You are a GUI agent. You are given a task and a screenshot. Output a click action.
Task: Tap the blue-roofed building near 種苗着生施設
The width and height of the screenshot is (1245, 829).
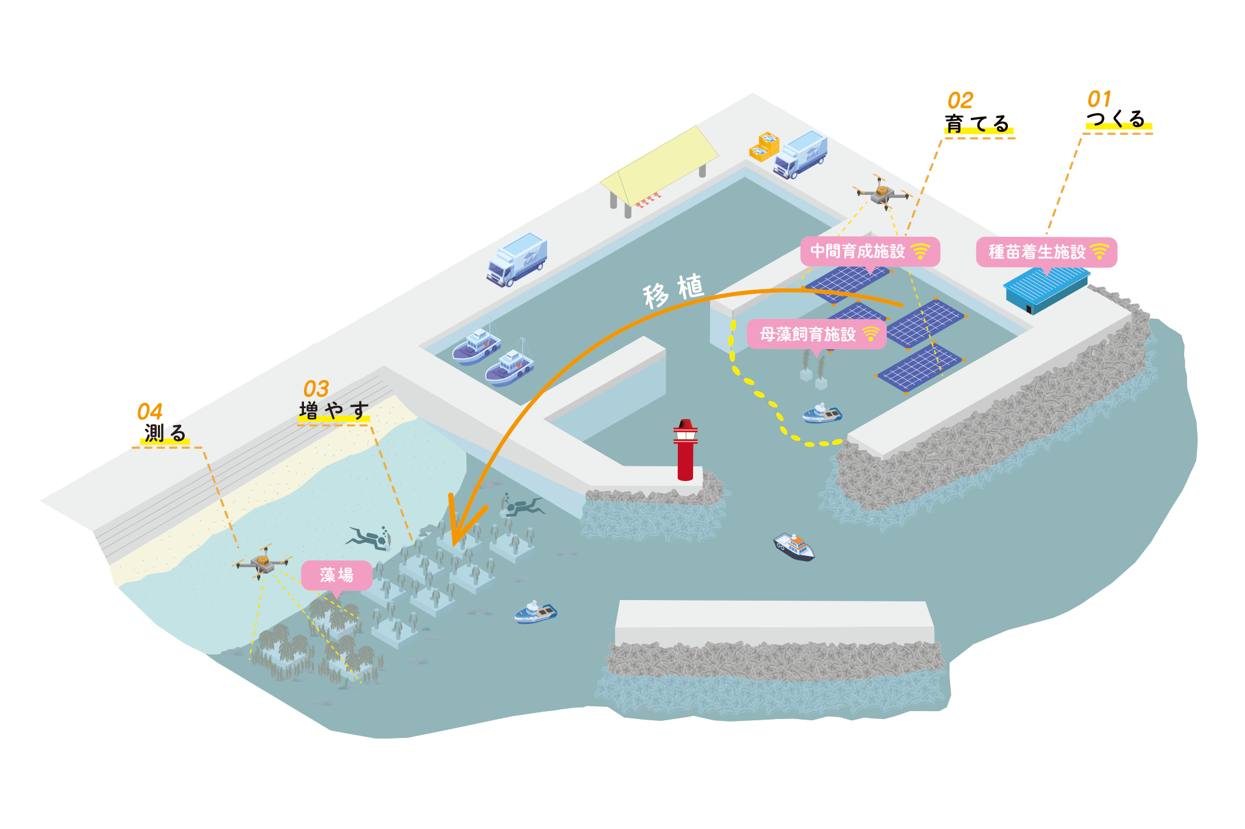click(1046, 290)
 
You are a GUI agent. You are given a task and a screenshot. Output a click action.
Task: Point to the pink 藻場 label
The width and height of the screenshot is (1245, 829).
click(336, 575)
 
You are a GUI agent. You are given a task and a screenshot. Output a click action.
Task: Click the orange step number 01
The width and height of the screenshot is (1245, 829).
click(1099, 98)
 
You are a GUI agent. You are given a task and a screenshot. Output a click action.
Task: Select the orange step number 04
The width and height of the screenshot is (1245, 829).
click(150, 412)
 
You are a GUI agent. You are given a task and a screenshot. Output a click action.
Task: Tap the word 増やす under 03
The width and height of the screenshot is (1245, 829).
click(334, 411)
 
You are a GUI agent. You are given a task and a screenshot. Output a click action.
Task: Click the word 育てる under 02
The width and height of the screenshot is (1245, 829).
click(977, 124)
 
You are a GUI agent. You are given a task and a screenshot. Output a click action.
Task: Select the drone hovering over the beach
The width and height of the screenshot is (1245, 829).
click(263, 562)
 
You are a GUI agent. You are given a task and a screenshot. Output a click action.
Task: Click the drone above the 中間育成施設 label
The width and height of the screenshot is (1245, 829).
click(882, 194)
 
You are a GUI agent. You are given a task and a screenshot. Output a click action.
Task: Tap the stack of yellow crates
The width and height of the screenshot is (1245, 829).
click(764, 146)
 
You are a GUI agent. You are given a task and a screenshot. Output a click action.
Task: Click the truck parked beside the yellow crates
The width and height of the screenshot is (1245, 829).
click(801, 154)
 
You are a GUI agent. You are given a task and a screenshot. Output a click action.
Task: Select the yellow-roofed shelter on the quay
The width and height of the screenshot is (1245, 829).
click(658, 166)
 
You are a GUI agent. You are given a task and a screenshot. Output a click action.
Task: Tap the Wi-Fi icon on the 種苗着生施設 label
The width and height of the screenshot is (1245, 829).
click(1100, 251)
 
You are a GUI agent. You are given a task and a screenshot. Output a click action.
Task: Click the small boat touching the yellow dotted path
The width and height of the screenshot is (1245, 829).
click(822, 414)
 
